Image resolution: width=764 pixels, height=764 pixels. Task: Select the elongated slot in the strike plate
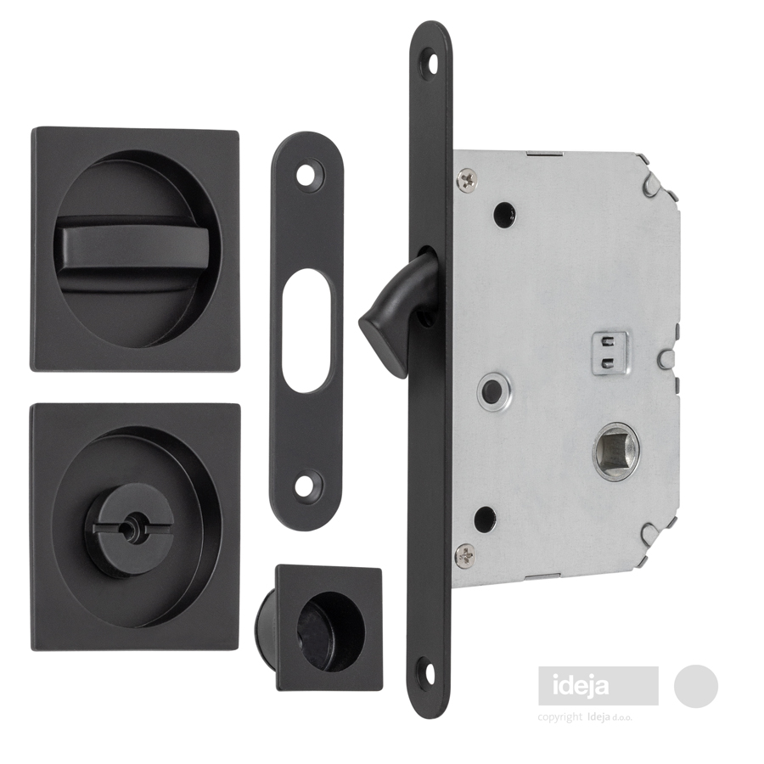coord(308,330)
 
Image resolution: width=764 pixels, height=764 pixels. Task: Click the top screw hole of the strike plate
coord(308,174)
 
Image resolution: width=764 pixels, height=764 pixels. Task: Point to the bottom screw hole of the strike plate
coord(308,485)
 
